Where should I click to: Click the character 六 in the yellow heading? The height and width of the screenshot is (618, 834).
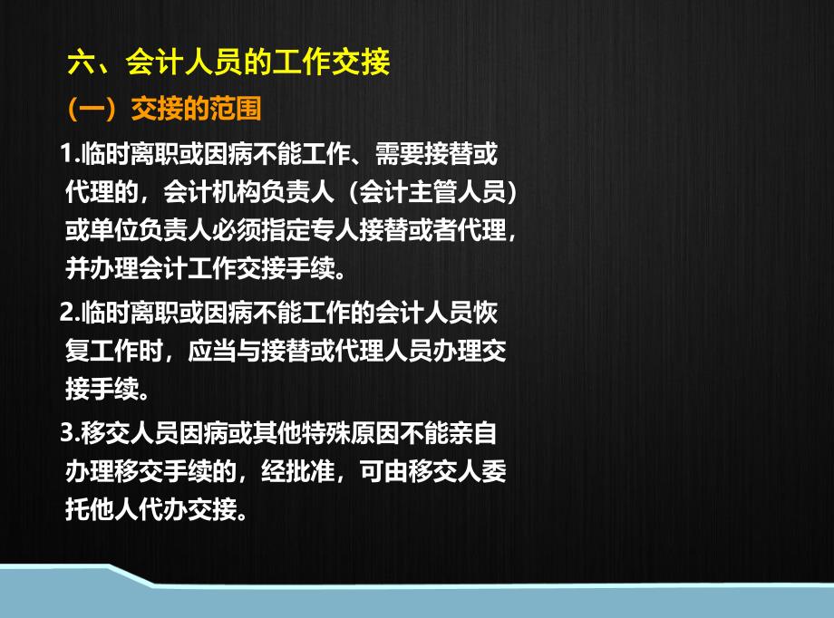[x=82, y=62]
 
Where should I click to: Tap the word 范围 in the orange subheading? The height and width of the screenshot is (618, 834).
[x=236, y=109]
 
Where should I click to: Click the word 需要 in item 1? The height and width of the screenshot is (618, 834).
[x=400, y=154]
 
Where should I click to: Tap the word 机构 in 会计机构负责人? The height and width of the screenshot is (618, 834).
[x=236, y=191]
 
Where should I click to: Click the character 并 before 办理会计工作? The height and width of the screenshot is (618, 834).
[x=77, y=268]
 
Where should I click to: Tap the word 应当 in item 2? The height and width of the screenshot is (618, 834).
[x=212, y=351]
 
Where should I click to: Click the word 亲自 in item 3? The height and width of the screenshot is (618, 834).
[x=472, y=433]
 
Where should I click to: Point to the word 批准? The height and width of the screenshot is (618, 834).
[x=309, y=471]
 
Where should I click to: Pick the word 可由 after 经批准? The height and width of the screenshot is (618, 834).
[x=383, y=471]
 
